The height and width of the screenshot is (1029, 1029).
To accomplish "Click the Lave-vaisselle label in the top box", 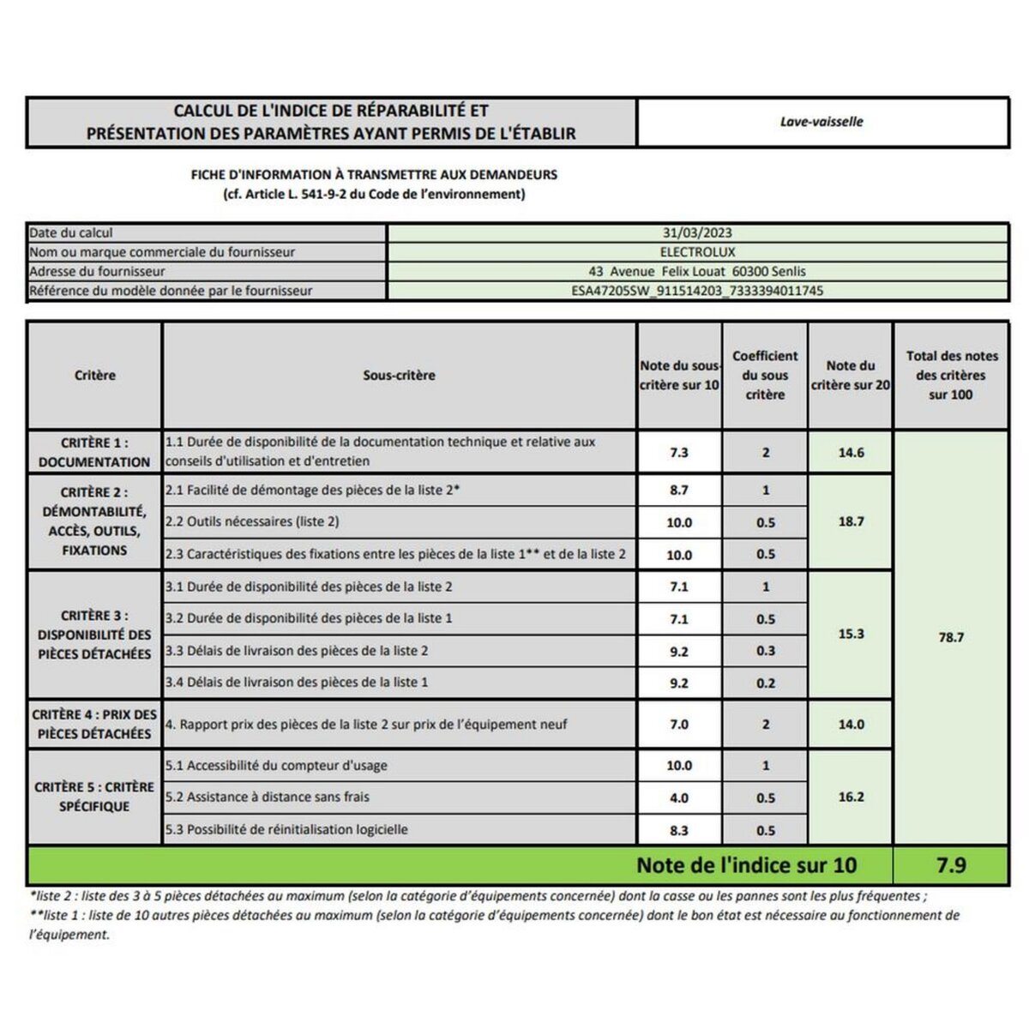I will pos(821,122).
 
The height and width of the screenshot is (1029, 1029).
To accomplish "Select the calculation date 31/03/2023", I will pos(697,233).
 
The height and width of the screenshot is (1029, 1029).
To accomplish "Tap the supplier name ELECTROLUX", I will pos(697,252).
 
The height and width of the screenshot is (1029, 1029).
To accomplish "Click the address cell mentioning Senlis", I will pos(697,271).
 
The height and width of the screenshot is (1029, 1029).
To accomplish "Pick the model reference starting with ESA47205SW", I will pos(697,291).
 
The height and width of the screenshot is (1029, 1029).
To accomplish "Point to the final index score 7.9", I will pos(951,865).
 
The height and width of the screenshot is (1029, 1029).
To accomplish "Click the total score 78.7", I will pos(951,637).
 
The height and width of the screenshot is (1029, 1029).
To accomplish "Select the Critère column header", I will pos(94,376).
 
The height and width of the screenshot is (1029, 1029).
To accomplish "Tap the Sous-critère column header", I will pos(399,376).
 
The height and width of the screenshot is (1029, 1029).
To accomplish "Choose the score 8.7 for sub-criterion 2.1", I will pos(679,490).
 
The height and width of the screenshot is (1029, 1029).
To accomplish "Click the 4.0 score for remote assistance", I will pos(679,797).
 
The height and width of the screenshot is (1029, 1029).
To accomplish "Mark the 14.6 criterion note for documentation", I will pos(851,452).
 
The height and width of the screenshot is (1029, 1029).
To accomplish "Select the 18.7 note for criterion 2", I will pos(851,521).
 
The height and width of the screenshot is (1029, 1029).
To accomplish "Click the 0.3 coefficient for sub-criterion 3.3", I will pos(766,651).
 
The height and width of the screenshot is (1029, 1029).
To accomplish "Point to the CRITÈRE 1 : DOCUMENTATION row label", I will pos(94,452).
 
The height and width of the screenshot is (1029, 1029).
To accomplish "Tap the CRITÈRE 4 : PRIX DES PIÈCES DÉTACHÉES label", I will pos(94,724).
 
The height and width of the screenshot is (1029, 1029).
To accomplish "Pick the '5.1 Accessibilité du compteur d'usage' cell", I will pos(276,766).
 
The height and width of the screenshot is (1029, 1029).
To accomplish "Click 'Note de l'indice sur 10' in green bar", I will pos(746,865).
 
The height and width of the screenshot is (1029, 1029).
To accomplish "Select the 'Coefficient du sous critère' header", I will pos(765,376).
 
